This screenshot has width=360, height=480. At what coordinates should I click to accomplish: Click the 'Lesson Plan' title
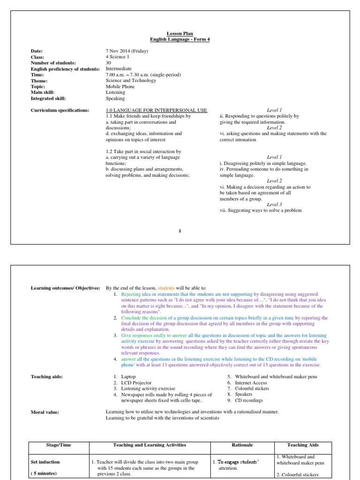180,34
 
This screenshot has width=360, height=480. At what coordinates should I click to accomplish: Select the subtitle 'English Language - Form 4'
180,39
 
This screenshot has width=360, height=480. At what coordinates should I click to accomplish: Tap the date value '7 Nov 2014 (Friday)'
127,51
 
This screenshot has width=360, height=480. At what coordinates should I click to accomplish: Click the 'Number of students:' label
53,63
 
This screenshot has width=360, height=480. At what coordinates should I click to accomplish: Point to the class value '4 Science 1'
118,57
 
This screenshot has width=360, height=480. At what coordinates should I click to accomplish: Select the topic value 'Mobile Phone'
120,86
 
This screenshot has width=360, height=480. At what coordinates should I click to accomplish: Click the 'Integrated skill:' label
48,98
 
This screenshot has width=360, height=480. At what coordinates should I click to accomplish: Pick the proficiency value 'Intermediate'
119,69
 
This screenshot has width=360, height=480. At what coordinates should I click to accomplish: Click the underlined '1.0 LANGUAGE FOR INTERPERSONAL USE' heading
157,110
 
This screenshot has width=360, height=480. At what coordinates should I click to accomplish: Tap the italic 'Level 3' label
274,204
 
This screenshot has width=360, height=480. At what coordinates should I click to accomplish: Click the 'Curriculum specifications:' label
60,110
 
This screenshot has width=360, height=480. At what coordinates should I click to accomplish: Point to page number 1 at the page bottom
180,230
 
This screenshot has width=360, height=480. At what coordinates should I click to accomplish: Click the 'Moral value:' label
45,412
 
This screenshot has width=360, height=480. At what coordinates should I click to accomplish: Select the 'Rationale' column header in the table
242,445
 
